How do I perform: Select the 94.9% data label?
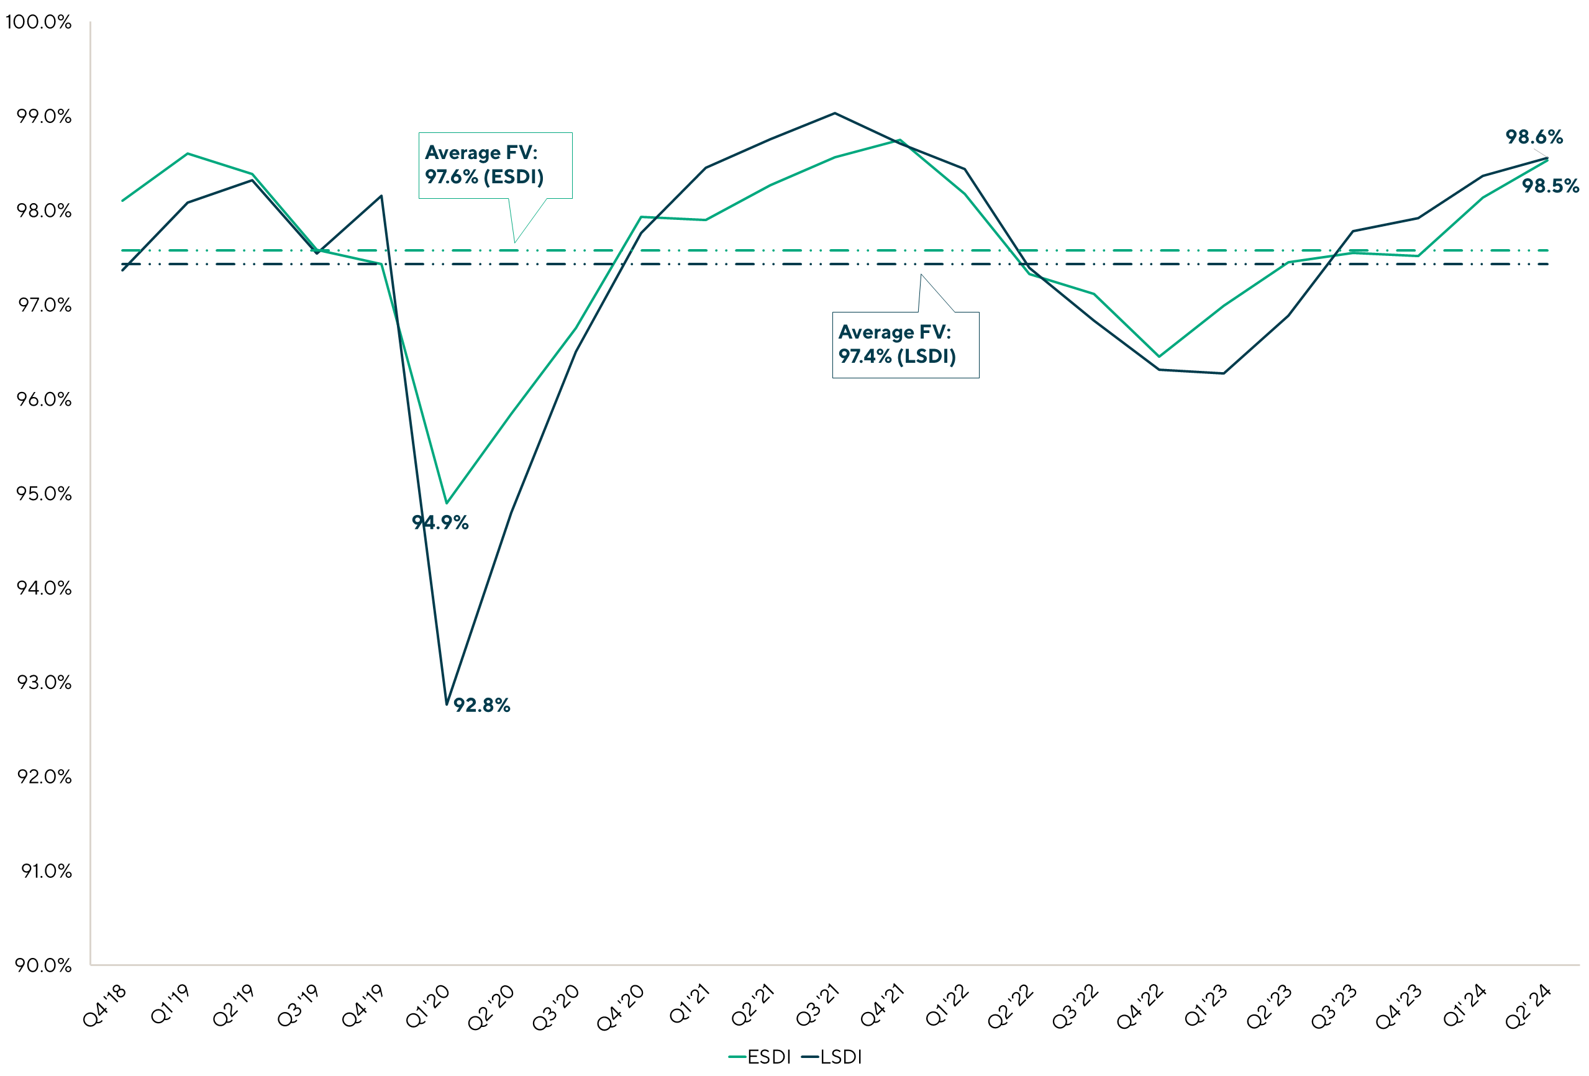click(x=440, y=522)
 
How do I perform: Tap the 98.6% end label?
click(x=1534, y=137)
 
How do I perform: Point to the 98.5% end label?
click(x=1550, y=186)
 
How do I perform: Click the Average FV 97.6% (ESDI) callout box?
click(x=495, y=165)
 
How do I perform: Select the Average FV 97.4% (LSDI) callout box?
click(x=904, y=345)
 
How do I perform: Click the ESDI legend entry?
click(x=760, y=1057)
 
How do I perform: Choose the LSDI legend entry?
click(x=832, y=1057)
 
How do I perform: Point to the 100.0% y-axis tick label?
click(x=39, y=22)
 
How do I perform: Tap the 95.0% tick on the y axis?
click(x=43, y=493)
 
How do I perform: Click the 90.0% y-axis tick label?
click(x=43, y=965)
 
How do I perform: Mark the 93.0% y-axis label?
click(x=43, y=682)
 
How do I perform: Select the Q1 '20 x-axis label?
click(x=429, y=1006)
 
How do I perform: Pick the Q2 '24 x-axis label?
click(x=1528, y=1006)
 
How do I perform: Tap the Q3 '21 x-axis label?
click(x=817, y=1006)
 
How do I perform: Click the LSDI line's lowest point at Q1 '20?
click(x=447, y=704)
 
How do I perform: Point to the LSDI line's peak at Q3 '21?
click(x=834, y=113)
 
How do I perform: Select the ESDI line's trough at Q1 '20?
click(x=447, y=503)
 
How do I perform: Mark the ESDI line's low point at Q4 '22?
click(x=1159, y=356)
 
